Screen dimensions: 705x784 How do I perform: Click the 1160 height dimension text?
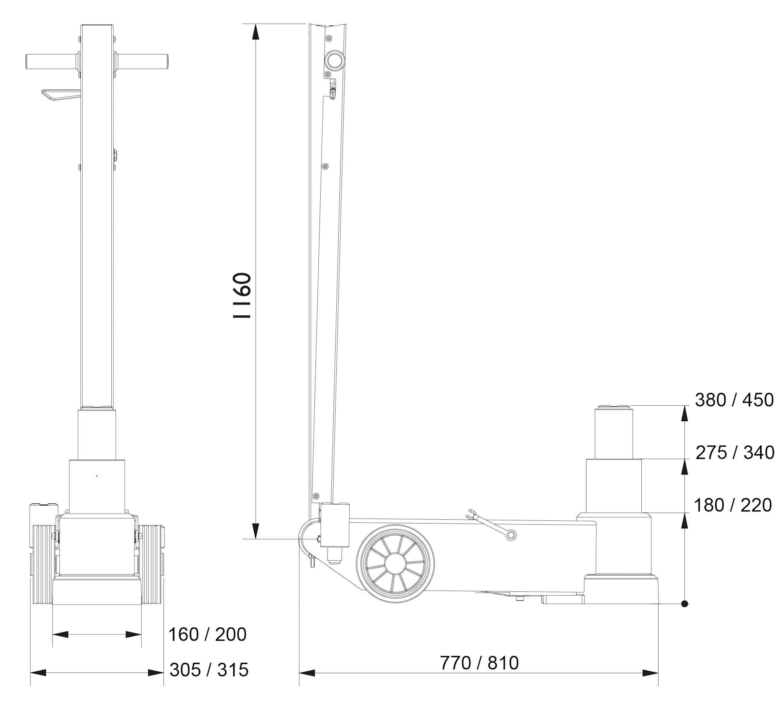[242, 295]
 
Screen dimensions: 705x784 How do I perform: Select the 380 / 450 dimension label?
[734, 400]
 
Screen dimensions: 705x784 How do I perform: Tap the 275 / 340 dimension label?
[735, 453]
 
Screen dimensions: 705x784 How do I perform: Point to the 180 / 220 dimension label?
[733, 505]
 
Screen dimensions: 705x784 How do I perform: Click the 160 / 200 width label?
[207, 634]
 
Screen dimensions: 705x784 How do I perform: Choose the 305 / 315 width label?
[209, 670]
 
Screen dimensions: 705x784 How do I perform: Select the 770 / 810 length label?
[479, 663]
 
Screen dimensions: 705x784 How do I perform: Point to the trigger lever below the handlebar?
[59, 95]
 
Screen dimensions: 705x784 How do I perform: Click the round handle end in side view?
[335, 60]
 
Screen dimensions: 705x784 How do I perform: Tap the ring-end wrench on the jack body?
[510, 535]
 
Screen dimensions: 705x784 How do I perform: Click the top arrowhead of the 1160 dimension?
[255, 31]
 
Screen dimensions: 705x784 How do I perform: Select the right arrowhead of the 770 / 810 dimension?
[651, 673]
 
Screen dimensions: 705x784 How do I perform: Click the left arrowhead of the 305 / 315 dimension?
[38, 673]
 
